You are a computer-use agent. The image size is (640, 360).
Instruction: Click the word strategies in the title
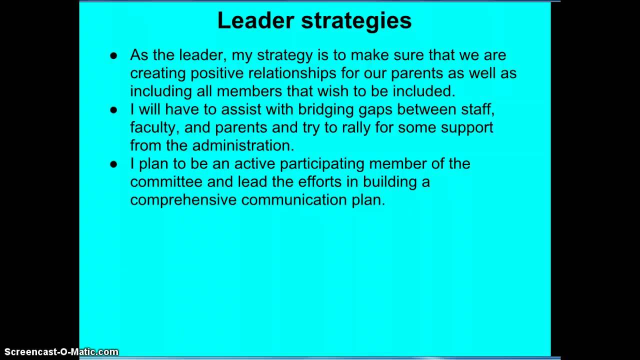tap(356, 21)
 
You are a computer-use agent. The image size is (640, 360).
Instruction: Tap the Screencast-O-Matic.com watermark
tap(61, 352)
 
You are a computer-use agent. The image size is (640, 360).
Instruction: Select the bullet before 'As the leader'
tap(113, 55)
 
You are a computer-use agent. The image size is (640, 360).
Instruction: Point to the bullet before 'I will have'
tap(113, 110)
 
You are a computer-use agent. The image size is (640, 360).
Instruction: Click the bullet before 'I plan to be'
tap(113, 164)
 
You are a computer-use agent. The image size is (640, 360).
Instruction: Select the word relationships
tap(292, 73)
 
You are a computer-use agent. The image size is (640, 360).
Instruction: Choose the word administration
tap(243, 145)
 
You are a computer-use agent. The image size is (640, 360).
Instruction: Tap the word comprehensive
tap(183, 200)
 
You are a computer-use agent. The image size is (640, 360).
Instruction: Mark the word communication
tap(293, 200)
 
